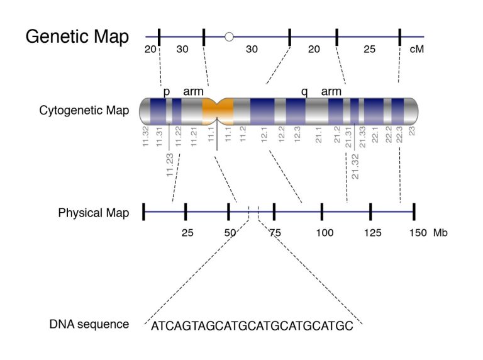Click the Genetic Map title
tap(77, 37)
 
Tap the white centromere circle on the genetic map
tap(229, 37)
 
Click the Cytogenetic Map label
tap(84, 111)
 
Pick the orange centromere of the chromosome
tap(218, 110)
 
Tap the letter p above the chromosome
tap(167, 92)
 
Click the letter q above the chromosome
tap(304, 92)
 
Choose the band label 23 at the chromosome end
tap(412, 132)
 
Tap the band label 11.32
tap(145, 137)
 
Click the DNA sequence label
tap(89, 325)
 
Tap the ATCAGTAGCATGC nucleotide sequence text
tap(252, 327)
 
